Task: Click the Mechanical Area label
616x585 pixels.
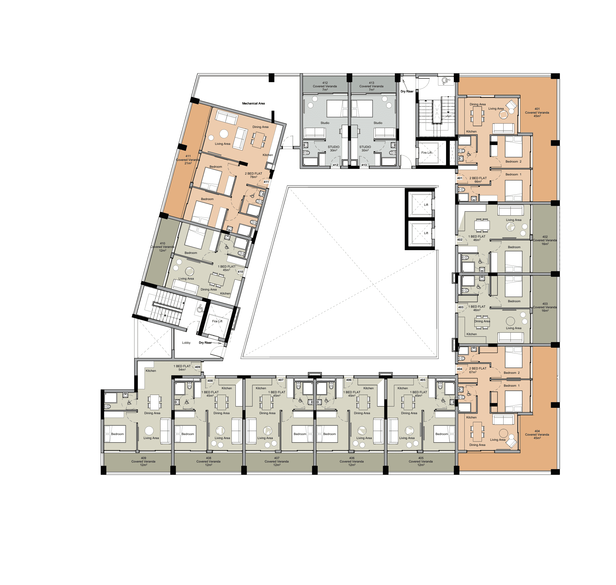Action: tap(253, 103)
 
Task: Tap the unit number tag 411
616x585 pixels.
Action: tap(266, 182)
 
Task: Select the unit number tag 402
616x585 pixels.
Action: tap(459, 240)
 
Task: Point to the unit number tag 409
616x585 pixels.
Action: tap(197, 367)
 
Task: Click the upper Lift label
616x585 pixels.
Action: tap(426, 205)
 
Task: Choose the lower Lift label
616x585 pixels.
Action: tap(426, 233)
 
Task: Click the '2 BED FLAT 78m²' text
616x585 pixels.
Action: tap(253, 175)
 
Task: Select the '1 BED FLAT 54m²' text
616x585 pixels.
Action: tap(182, 368)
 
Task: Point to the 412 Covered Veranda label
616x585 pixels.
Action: tap(325, 86)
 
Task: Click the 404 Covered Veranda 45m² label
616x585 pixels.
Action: tap(537, 434)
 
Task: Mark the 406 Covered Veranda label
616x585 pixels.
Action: tap(352, 462)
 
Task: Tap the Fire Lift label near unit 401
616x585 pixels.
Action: tap(427, 153)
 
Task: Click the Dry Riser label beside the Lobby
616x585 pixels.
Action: tap(205, 343)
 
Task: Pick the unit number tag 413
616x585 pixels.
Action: tap(364, 165)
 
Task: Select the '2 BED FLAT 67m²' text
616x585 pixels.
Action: tap(478, 370)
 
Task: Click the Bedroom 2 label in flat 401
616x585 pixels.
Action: tap(513, 161)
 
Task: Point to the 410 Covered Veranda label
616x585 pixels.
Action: tap(163, 247)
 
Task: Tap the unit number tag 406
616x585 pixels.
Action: tap(348, 380)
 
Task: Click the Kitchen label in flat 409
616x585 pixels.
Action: tap(150, 371)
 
